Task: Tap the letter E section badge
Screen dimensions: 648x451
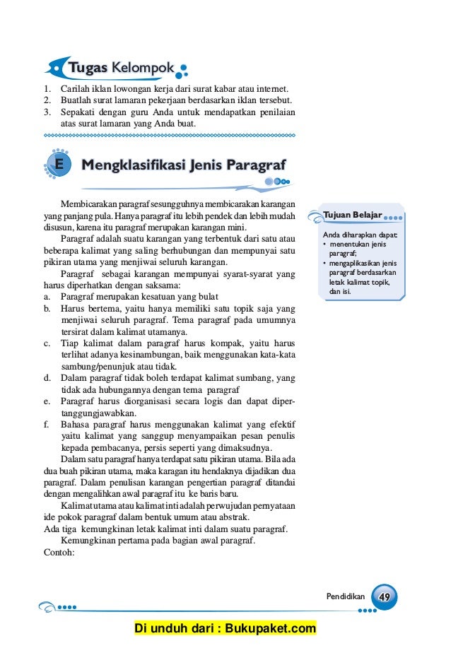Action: pos(58,165)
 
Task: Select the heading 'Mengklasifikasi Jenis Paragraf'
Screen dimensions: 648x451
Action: pos(184,165)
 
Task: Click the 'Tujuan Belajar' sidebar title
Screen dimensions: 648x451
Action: pos(352,214)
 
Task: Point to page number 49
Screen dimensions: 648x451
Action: pos(385,596)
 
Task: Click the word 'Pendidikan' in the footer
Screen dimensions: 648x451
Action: pos(345,597)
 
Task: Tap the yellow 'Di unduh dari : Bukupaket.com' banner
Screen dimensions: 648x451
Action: pos(225,629)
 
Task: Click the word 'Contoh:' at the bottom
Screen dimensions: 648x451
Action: pos(59,553)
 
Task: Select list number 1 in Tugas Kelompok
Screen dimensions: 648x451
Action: pos(47,89)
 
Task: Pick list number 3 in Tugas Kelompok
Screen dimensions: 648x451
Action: pos(47,112)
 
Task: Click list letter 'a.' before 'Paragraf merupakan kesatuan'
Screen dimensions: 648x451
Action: pos(47,296)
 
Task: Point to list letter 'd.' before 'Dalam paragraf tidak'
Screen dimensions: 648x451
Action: pos(47,378)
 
